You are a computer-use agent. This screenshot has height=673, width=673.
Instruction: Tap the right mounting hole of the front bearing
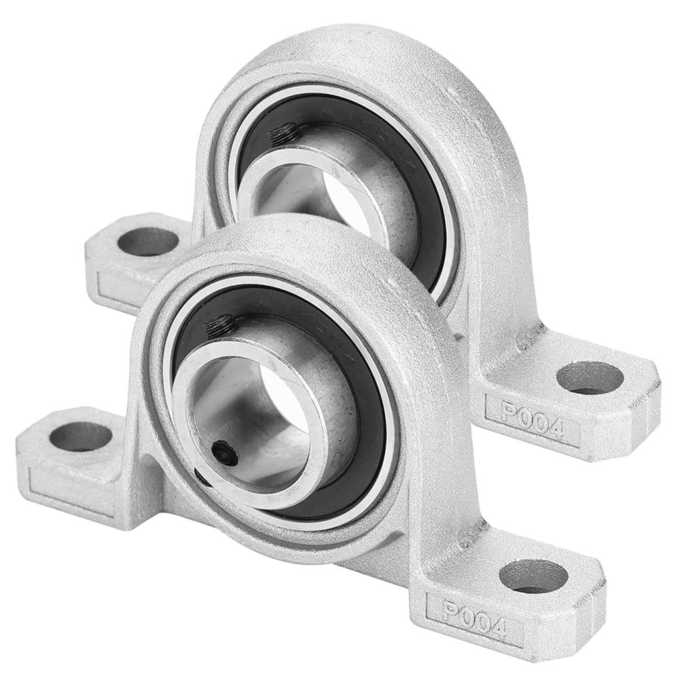tap(533, 575)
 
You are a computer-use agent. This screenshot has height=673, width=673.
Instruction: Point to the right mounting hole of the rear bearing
tap(589, 377)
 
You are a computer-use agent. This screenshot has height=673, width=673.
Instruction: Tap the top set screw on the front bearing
tap(220, 325)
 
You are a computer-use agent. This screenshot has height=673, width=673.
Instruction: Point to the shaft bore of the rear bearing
tap(343, 198)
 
